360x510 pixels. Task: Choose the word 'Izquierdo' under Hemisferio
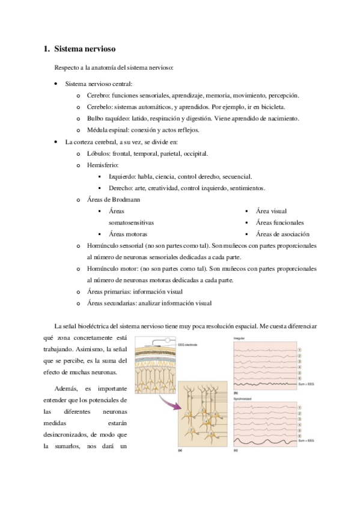122,176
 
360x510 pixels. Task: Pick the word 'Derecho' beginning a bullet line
120,188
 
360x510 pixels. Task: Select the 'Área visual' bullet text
271,211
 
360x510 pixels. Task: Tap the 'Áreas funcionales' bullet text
279,223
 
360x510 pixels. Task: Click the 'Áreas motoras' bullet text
128,234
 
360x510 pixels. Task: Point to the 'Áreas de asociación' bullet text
282,234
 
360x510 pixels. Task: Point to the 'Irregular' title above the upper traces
239,339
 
